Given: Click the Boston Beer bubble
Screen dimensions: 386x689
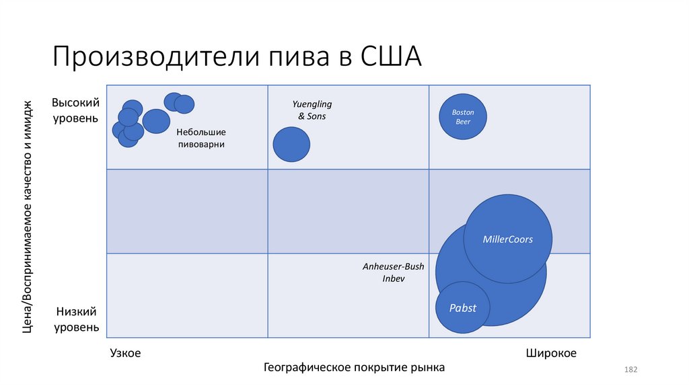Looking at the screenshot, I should point(463,116).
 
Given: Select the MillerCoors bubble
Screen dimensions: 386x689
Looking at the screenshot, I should point(508,239).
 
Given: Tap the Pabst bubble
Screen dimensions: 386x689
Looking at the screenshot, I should point(463,308).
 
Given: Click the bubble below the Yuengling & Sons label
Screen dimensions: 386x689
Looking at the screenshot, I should point(291,144).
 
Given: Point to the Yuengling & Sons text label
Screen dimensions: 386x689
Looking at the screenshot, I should point(312,110).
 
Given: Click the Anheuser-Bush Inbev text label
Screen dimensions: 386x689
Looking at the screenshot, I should point(394,272).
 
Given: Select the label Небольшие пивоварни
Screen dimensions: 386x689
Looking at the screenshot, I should point(201,138).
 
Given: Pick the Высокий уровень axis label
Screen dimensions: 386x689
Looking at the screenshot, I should point(75,110).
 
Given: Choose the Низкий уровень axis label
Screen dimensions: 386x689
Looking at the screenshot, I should point(77,319).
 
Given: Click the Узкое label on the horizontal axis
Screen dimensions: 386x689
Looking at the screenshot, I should point(125,353).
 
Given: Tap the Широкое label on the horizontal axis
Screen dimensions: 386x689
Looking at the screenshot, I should point(551,353).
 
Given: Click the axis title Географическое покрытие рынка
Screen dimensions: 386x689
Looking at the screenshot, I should point(354,368).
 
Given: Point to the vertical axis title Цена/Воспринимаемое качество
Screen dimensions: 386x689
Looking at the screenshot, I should point(28,215).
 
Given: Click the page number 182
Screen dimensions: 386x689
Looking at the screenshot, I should point(630,370).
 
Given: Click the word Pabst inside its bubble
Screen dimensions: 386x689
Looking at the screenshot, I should point(463,308).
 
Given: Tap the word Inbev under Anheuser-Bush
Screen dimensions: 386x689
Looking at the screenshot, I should point(394,278).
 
